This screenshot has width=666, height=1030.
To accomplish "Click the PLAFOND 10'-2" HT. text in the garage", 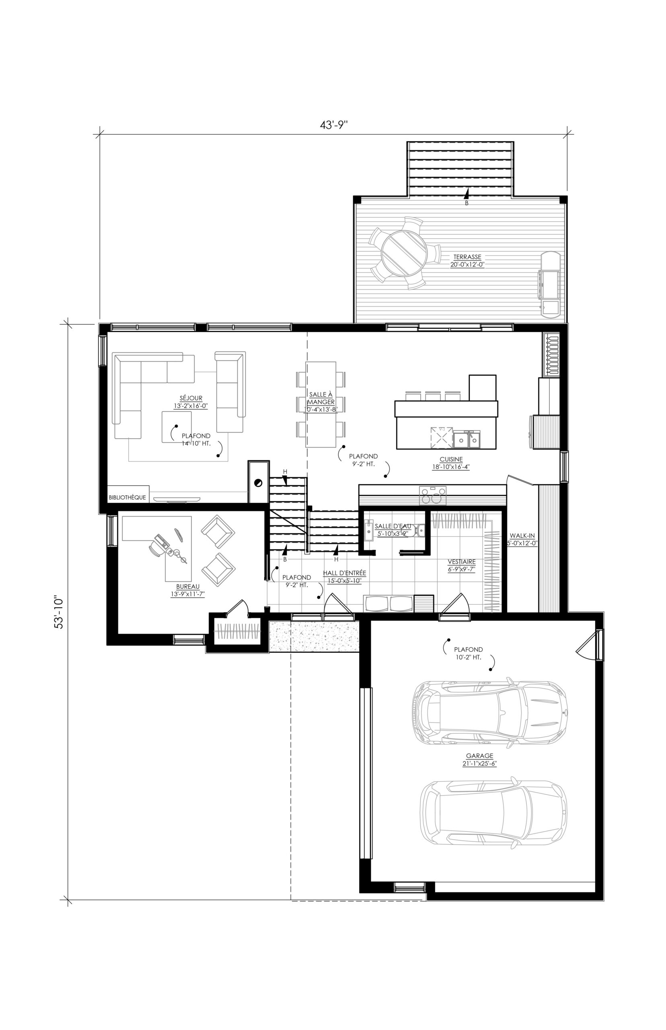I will point(469,653).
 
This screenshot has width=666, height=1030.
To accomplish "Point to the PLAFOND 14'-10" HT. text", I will point(196,439).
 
